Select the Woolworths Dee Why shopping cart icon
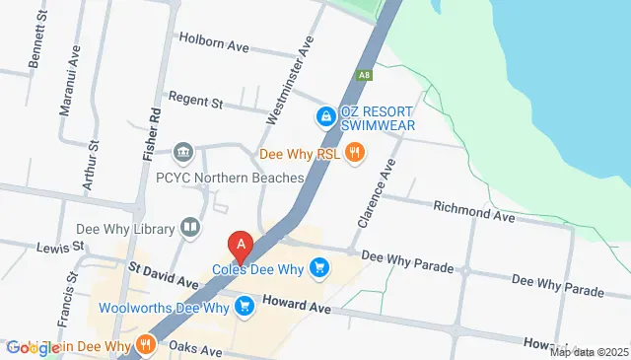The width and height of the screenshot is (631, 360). pyautogui.click(x=245, y=307)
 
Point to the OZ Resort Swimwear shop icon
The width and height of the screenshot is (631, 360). pyautogui.click(x=324, y=117)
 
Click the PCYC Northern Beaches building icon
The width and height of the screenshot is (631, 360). pyautogui.click(x=182, y=153)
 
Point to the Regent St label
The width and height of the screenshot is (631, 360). pyautogui.click(x=196, y=99)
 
